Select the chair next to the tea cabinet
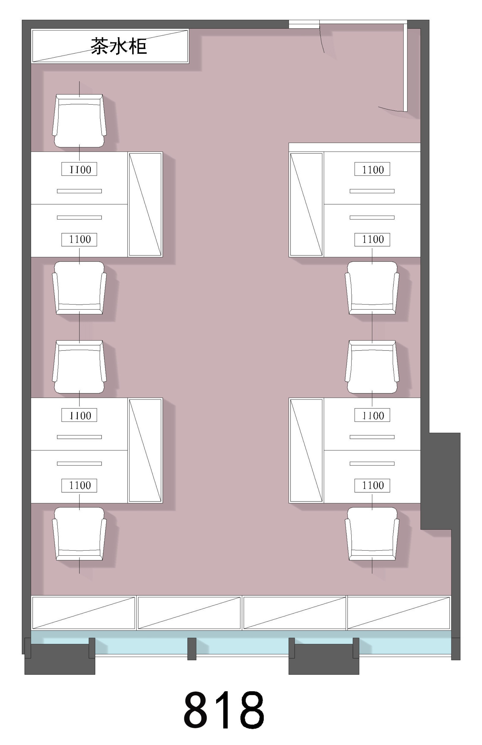tap(79, 121)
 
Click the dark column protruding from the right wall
tap(440, 481)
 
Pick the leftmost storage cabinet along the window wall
tap(84, 613)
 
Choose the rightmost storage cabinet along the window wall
tap(399, 613)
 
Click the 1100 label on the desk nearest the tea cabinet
tap(79, 169)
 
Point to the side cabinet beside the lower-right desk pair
tap(306, 451)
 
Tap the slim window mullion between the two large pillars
tap(192, 649)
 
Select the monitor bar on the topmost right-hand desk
tap(372, 191)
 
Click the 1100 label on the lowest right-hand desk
tap(372, 485)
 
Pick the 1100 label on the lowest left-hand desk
tap(79, 485)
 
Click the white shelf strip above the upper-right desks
tap(355, 147)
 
